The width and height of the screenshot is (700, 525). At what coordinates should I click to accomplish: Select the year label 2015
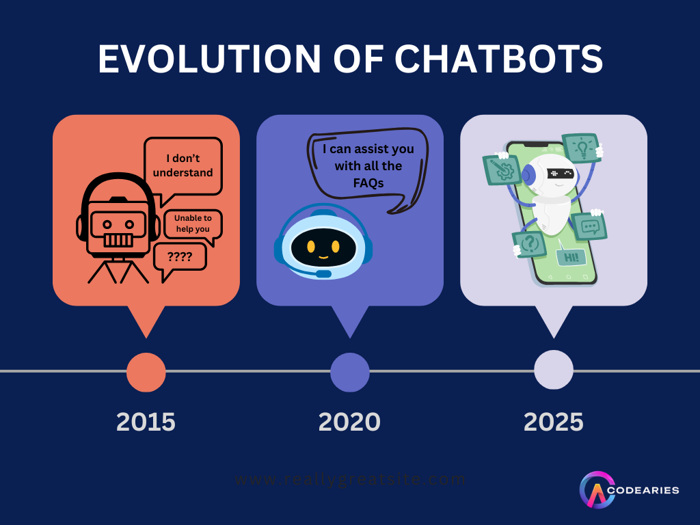146,422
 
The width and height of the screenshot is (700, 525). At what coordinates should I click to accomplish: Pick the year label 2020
349,422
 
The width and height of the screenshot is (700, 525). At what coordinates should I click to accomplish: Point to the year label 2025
553,422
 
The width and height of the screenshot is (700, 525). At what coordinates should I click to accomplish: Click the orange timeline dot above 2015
146,372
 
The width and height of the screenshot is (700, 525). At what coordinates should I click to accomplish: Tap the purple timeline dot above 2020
350,372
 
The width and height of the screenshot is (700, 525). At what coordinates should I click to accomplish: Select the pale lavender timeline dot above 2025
554,370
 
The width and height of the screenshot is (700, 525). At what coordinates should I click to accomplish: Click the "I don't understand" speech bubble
183,166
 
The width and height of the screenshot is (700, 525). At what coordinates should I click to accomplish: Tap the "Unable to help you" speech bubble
193,224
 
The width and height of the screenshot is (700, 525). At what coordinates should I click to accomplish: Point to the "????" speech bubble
180,258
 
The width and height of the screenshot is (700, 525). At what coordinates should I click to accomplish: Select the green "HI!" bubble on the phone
571,257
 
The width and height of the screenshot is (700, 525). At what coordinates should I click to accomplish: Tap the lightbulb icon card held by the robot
581,148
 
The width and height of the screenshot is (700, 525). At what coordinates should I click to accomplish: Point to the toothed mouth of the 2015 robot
118,241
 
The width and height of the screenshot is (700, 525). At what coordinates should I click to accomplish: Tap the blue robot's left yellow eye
311,246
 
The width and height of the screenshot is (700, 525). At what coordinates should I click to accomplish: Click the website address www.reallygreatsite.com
350,479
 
